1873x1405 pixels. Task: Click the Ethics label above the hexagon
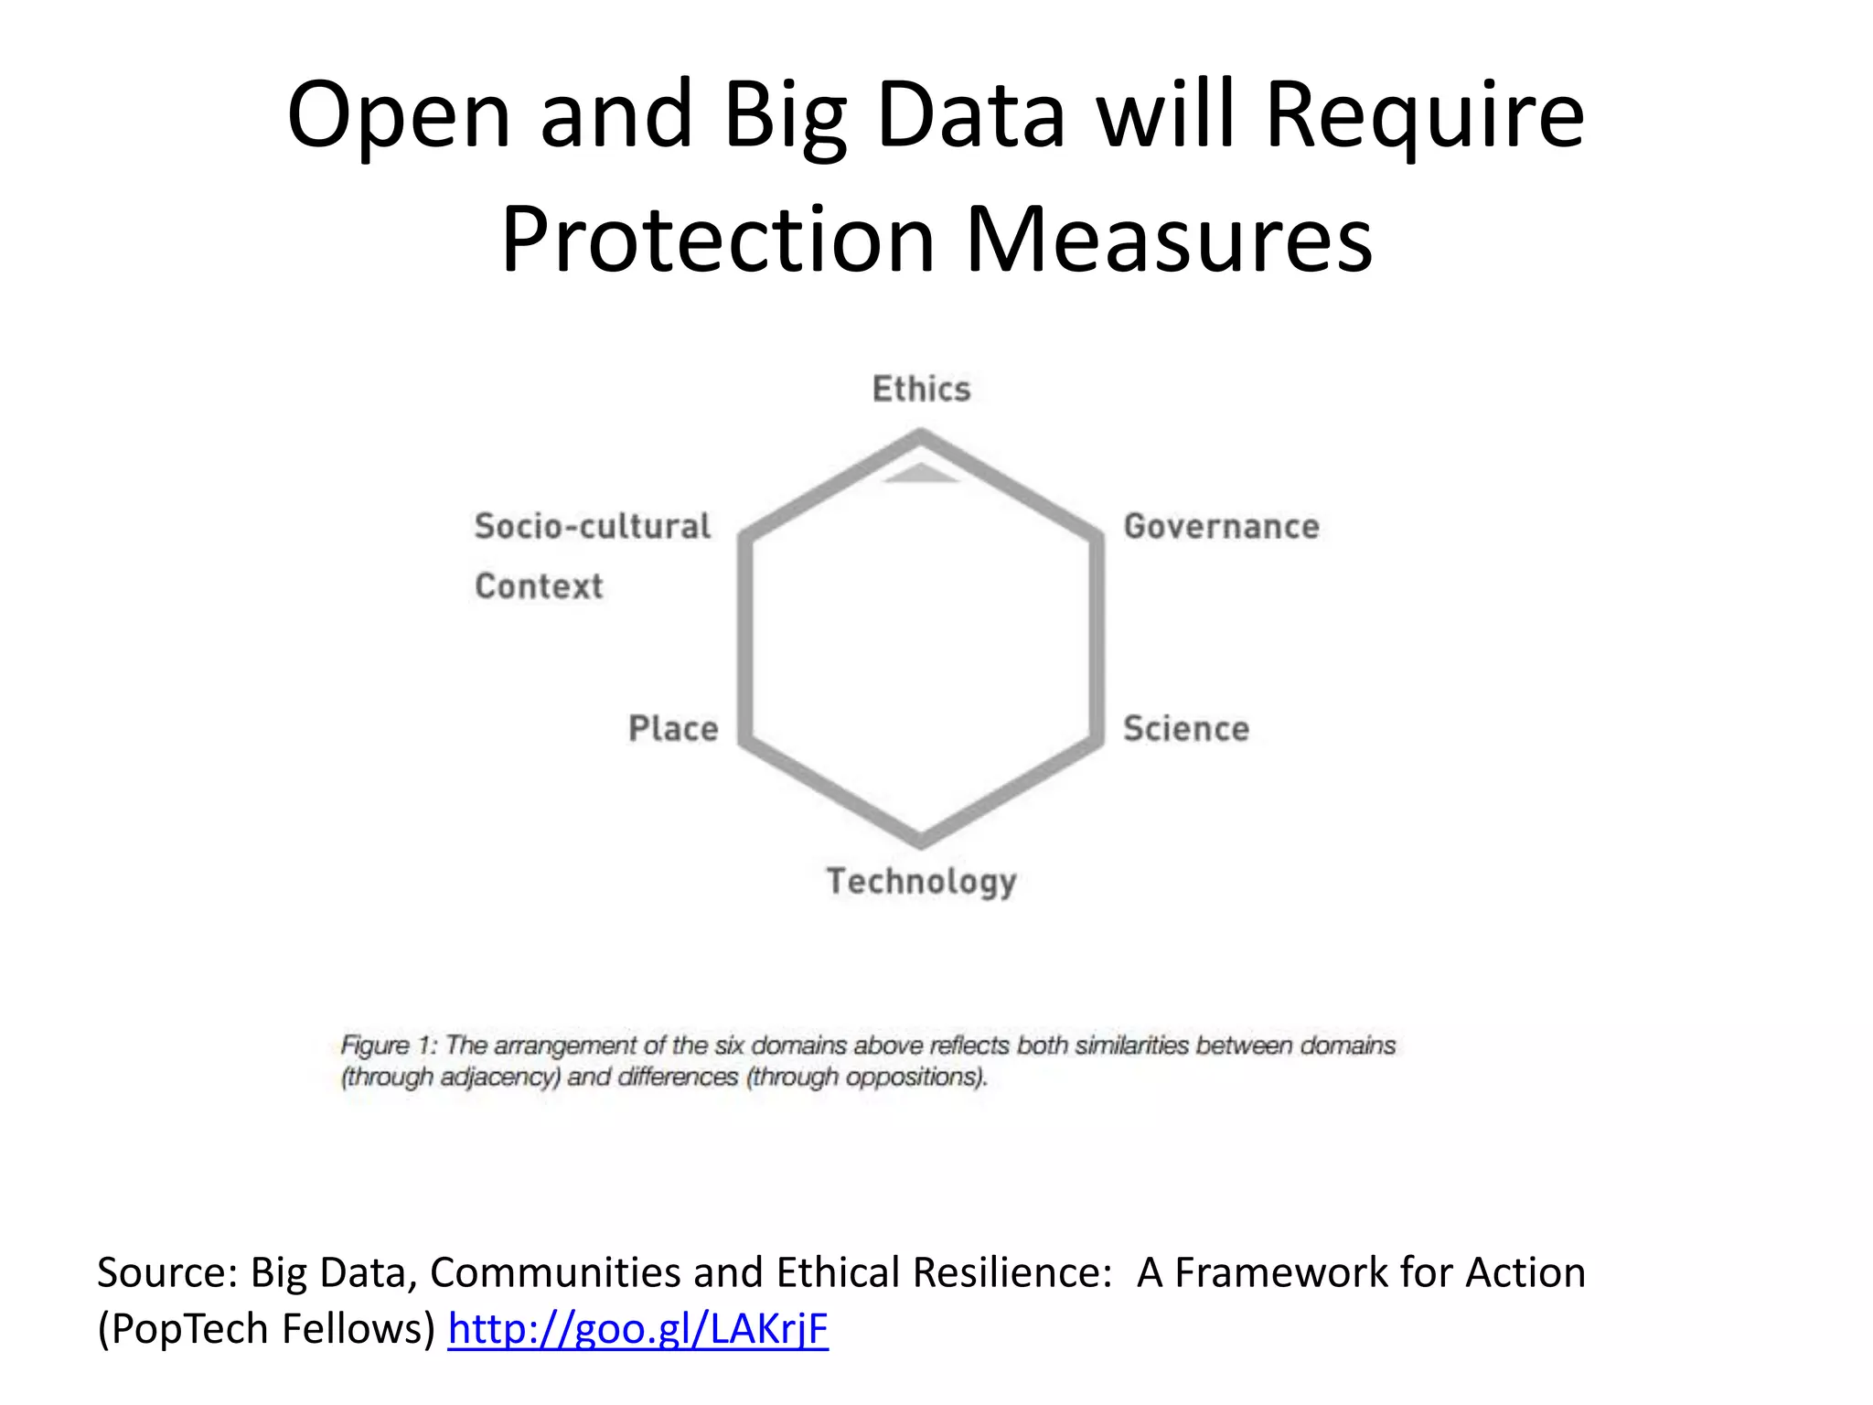[921, 389]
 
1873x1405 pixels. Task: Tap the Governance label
[1221, 526]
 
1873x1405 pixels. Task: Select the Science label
[1185, 728]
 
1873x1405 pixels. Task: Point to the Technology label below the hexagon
[921, 881]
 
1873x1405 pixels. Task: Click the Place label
[673, 728]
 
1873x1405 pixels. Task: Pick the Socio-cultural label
[592, 526]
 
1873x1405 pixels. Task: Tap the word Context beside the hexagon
[539, 585]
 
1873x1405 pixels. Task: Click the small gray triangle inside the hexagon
[921, 473]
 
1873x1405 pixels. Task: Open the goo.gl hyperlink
[637, 1328]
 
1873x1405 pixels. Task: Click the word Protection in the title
[718, 240]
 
